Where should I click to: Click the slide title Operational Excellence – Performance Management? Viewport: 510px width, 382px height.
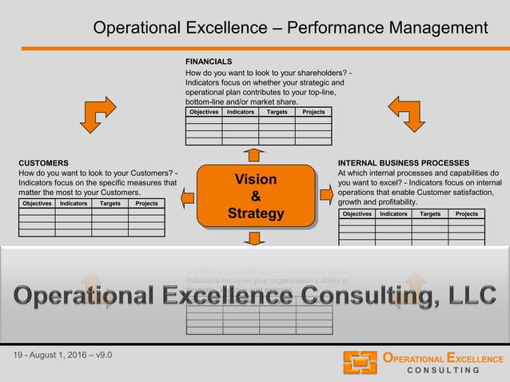click(x=290, y=28)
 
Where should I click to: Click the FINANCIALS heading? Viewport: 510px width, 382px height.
click(x=209, y=62)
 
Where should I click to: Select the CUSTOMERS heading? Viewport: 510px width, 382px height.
click(x=43, y=162)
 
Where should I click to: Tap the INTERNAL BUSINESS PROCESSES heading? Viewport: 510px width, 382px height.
click(x=409, y=162)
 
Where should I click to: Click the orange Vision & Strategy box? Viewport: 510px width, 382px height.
click(x=255, y=196)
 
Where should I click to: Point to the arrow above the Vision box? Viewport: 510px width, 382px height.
click(x=254, y=154)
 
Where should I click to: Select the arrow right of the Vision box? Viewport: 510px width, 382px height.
click(x=325, y=194)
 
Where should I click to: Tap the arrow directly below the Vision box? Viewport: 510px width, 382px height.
click(x=255, y=238)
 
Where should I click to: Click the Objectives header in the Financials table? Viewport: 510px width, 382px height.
click(x=204, y=112)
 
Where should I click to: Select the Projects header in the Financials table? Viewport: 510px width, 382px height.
click(x=313, y=112)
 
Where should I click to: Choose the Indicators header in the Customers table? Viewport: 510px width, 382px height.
click(x=74, y=204)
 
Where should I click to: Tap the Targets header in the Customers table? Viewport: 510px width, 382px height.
click(x=110, y=204)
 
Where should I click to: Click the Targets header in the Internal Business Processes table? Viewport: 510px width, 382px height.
click(x=429, y=214)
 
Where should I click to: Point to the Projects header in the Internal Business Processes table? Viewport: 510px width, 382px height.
click(x=466, y=214)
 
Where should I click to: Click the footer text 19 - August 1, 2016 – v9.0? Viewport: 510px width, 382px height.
click(x=64, y=354)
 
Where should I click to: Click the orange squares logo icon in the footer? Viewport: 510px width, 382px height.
click(x=360, y=363)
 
